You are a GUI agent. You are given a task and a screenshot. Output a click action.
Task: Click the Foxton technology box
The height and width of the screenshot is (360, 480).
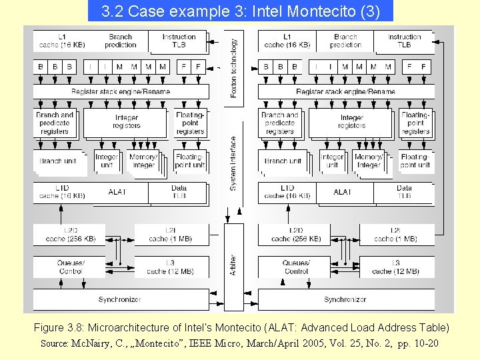click(x=234, y=67)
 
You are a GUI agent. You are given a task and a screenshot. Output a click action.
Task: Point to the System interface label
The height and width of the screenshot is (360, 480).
click(x=233, y=163)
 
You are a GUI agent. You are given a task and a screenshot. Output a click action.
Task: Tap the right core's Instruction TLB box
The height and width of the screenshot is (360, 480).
click(x=404, y=41)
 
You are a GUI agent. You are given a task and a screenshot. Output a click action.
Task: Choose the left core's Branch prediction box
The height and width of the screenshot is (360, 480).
click(x=120, y=41)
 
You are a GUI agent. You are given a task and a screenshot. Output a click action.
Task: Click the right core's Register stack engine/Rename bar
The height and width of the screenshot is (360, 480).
click(x=345, y=91)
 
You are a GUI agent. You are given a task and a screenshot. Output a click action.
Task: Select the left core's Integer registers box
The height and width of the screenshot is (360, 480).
click(x=126, y=122)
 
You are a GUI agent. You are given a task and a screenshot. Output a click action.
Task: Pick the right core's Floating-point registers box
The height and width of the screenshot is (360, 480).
click(x=415, y=123)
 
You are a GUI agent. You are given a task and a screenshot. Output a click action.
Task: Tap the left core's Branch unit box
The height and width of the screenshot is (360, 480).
click(x=57, y=161)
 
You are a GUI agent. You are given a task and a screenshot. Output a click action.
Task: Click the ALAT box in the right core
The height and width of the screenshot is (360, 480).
click(x=343, y=192)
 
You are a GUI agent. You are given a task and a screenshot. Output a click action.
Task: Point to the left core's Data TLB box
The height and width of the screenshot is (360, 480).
click(x=179, y=192)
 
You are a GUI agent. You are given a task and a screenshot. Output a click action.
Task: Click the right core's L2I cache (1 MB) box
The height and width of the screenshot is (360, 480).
click(x=395, y=235)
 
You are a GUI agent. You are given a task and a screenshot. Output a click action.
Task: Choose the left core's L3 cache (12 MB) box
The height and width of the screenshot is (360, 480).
click(x=170, y=267)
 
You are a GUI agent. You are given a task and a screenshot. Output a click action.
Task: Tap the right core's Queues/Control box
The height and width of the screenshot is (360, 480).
click(x=296, y=267)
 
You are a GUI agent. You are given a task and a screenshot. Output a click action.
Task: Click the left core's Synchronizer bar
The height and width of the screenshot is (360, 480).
click(x=120, y=299)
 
